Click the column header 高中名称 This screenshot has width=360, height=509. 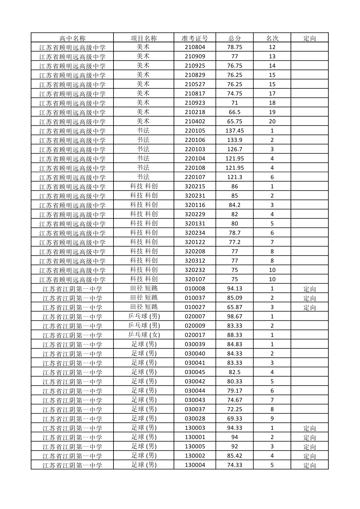[x=72, y=38]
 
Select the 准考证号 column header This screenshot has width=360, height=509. [x=195, y=38]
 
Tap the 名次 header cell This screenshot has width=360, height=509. [x=272, y=38]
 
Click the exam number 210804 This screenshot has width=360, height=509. [x=195, y=47]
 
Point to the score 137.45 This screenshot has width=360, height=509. [x=235, y=131]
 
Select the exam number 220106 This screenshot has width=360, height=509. [x=195, y=140]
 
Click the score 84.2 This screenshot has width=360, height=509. [x=235, y=205]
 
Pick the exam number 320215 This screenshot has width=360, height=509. [x=195, y=187]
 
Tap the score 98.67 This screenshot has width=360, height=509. [x=235, y=317]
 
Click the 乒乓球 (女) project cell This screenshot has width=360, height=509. [x=144, y=335]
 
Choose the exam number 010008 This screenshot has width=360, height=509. [x=195, y=289]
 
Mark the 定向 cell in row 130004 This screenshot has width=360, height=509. [x=309, y=465]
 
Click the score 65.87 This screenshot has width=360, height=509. [x=235, y=307]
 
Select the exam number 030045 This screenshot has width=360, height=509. [x=195, y=372]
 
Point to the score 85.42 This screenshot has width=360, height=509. [x=235, y=456]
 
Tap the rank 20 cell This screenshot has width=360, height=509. [x=272, y=122]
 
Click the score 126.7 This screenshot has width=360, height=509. [x=235, y=149]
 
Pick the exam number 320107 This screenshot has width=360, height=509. [x=195, y=279]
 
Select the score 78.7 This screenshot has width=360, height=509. [x=235, y=233]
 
